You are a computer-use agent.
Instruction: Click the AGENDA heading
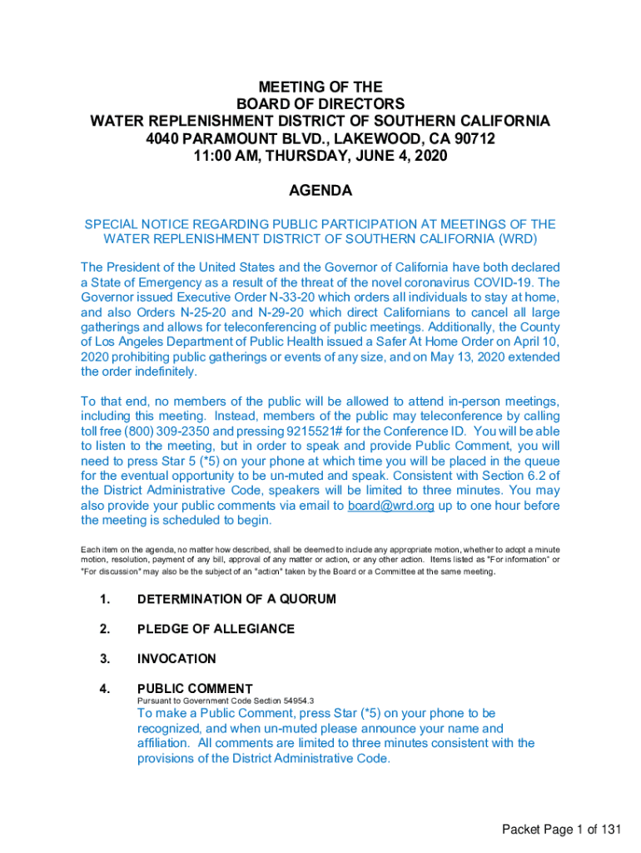(320, 191)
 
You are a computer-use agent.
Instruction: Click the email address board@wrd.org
(390, 506)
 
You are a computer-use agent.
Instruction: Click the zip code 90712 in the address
(475, 138)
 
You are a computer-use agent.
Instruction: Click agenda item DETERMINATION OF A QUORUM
(236, 599)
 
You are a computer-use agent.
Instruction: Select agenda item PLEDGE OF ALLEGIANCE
(216, 629)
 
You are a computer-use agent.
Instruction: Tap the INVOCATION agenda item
(176, 659)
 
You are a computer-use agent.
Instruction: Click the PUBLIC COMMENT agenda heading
(195, 688)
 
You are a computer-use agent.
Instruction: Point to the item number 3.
(105, 659)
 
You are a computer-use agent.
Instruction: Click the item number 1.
(105, 599)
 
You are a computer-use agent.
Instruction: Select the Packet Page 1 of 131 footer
(561, 829)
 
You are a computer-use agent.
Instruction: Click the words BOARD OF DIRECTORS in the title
(320, 104)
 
